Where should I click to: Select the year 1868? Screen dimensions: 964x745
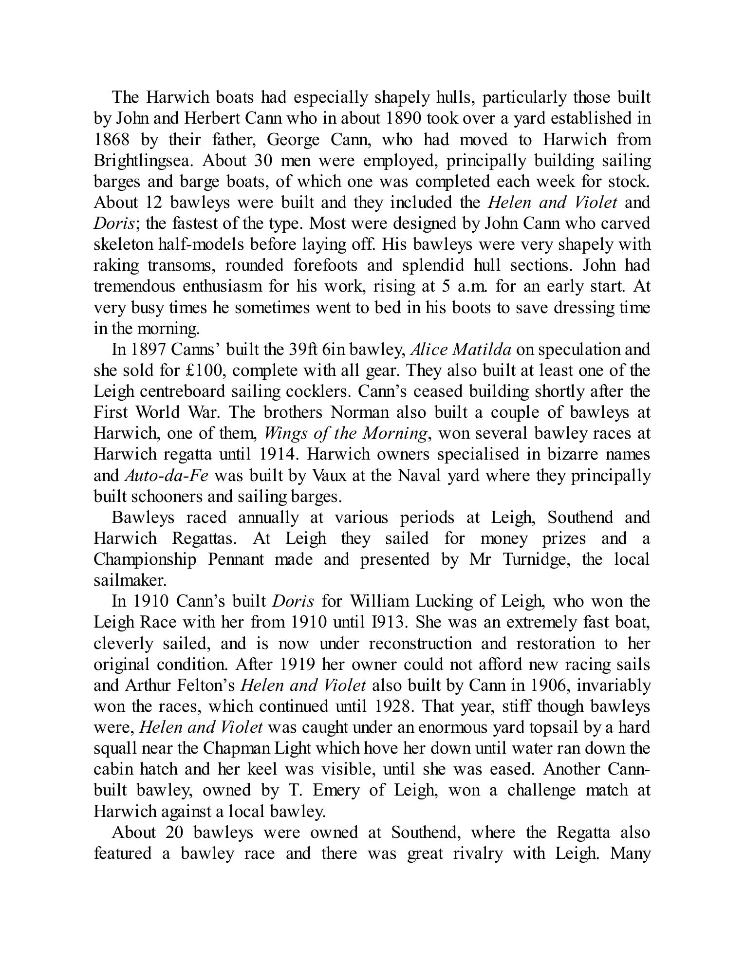112,140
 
